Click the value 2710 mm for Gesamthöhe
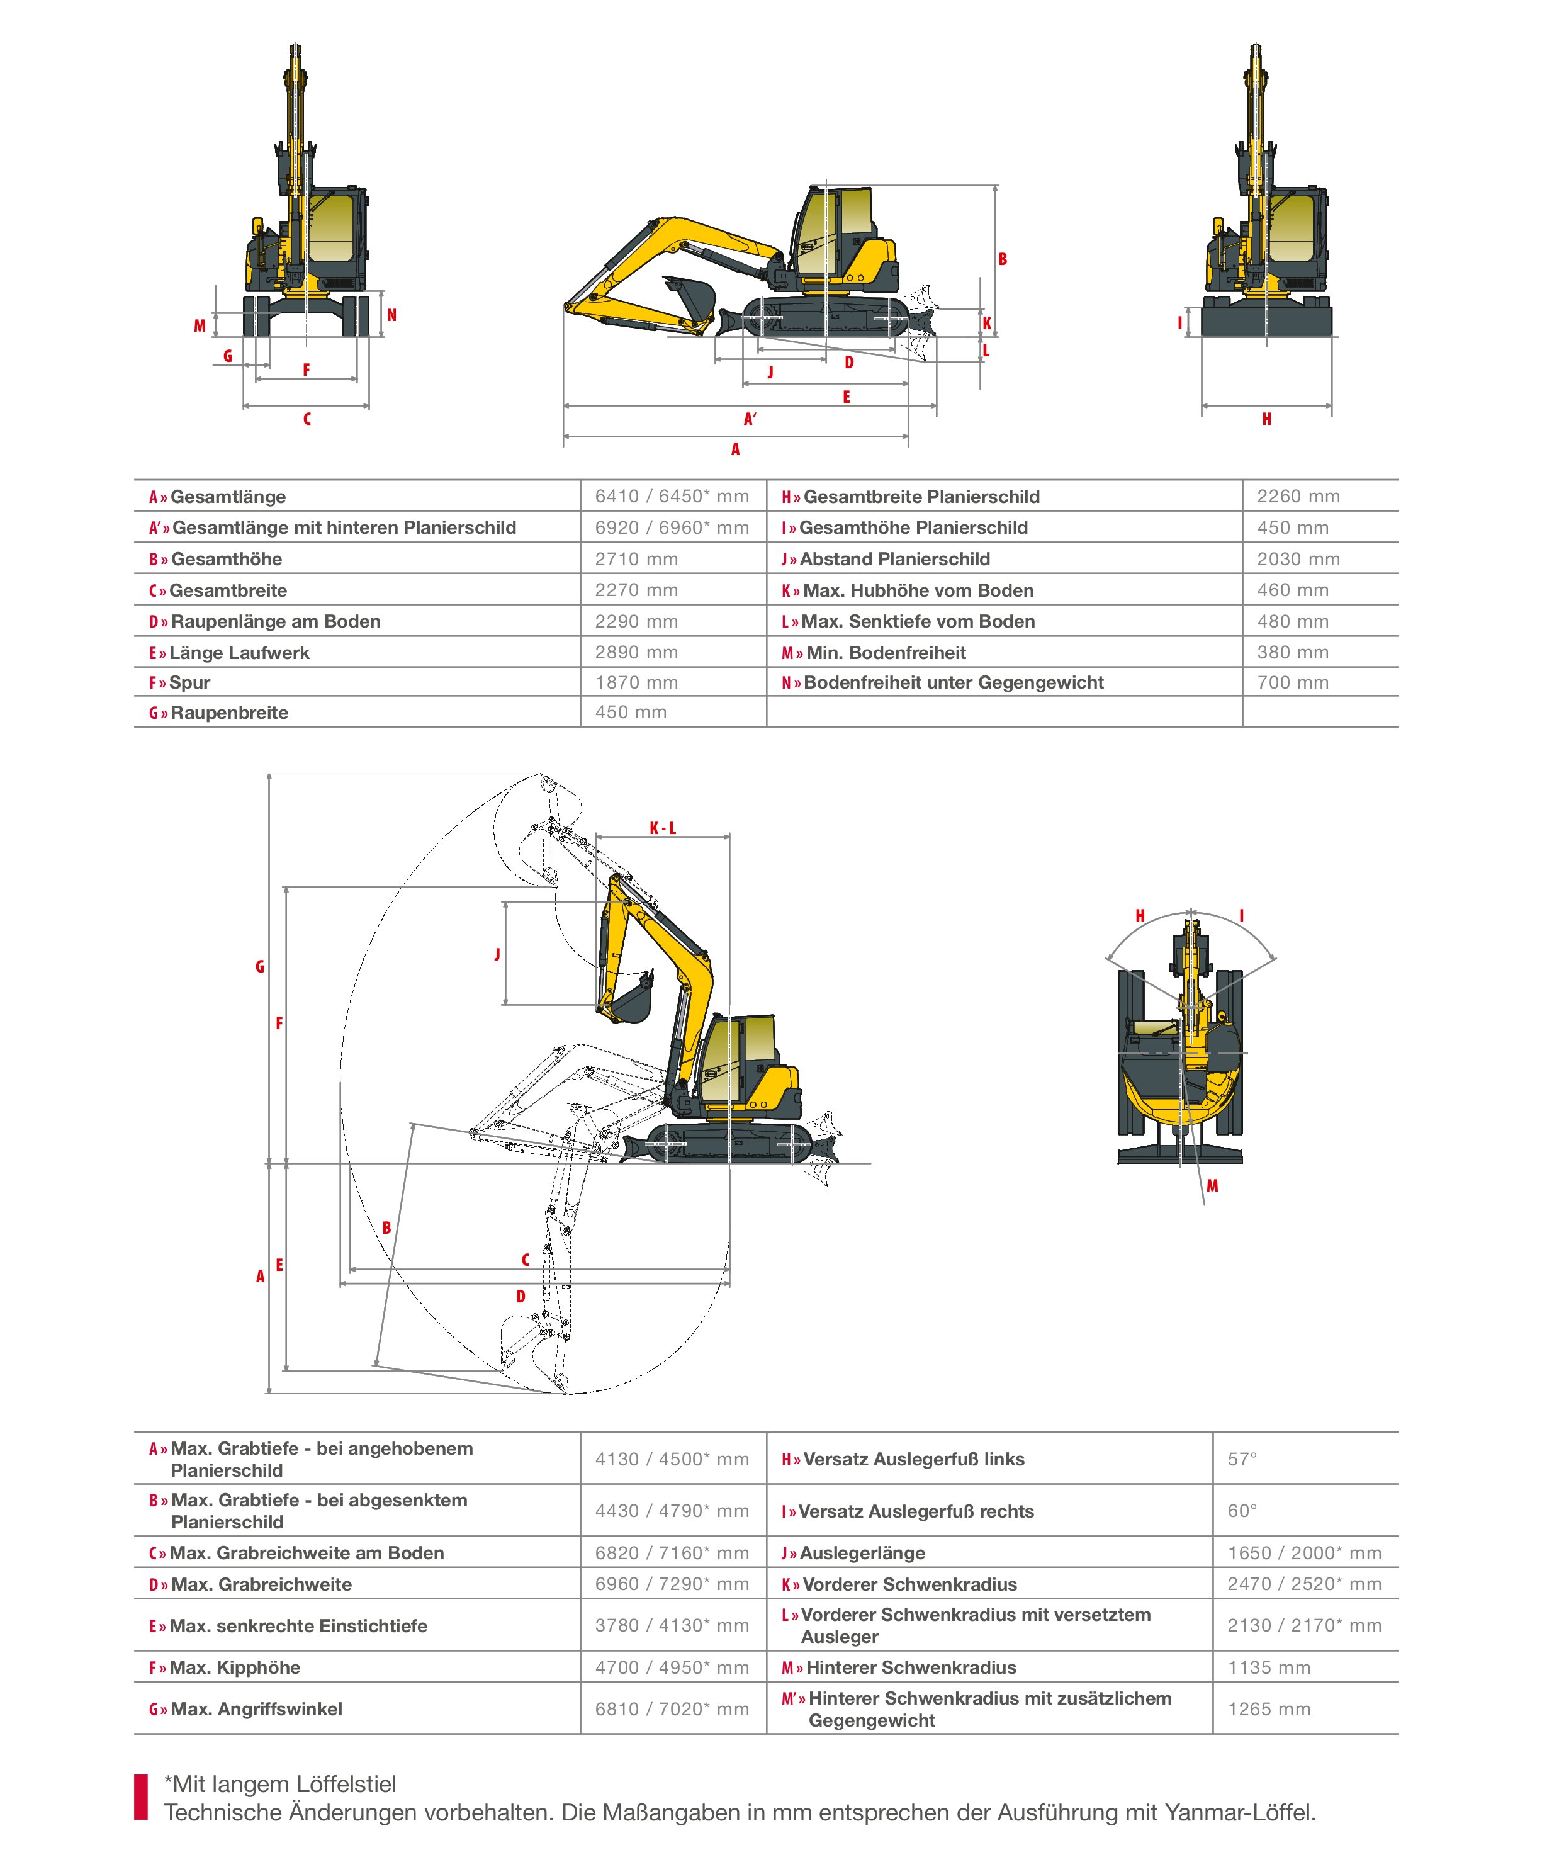pos(636,560)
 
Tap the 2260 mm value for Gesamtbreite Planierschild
pos(1298,497)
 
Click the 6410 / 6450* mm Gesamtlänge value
pos(672,497)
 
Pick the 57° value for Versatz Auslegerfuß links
pos(1242,1459)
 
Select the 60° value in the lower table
pos(1242,1511)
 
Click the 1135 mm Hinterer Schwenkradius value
pos(1268,1668)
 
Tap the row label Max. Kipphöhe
pos(235,1668)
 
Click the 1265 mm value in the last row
pos(1268,1710)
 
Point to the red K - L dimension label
pos(663,828)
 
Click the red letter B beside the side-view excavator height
pos(1003,259)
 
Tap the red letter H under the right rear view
pos(1266,419)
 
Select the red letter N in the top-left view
pos(391,315)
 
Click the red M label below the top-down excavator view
pos(1212,1186)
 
